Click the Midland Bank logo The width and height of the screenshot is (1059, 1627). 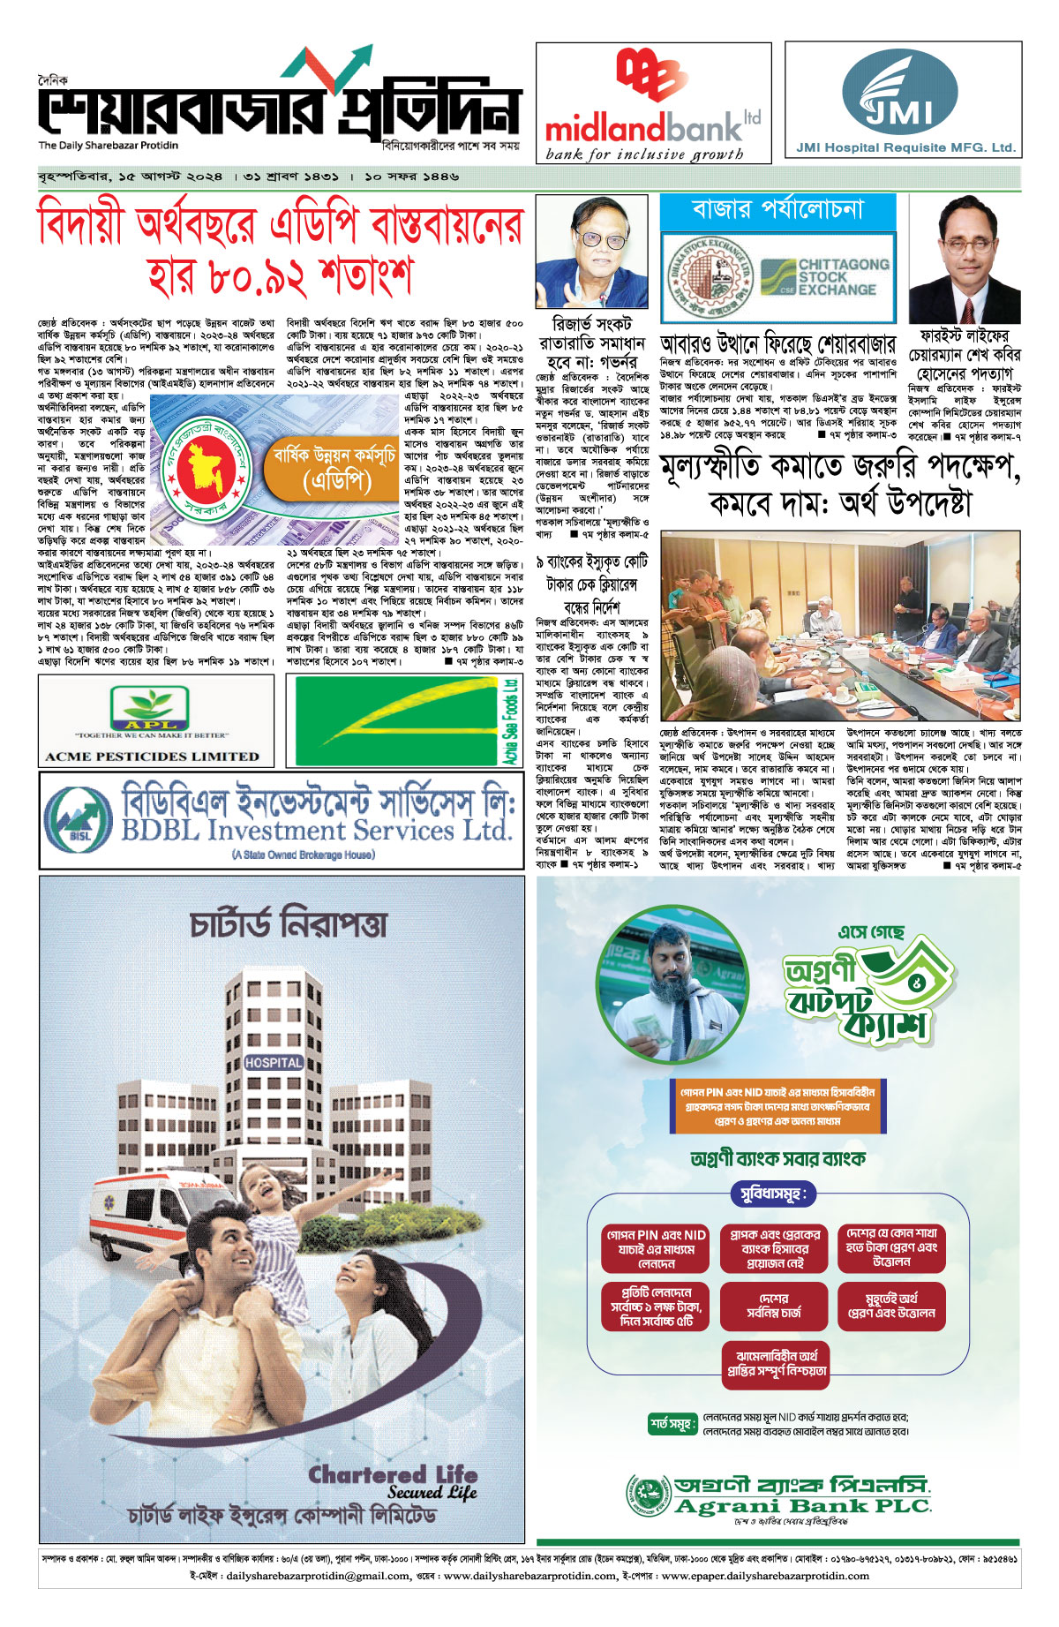click(x=653, y=102)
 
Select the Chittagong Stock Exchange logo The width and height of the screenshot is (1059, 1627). click(x=825, y=277)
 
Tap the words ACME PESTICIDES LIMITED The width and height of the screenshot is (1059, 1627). click(x=152, y=757)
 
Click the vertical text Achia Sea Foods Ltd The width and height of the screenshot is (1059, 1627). click(x=510, y=720)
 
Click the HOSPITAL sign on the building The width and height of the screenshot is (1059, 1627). click(x=274, y=1063)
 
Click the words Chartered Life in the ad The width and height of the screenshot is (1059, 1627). click(x=393, y=1473)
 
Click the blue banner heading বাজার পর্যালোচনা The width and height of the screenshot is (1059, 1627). click(x=777, y=210)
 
